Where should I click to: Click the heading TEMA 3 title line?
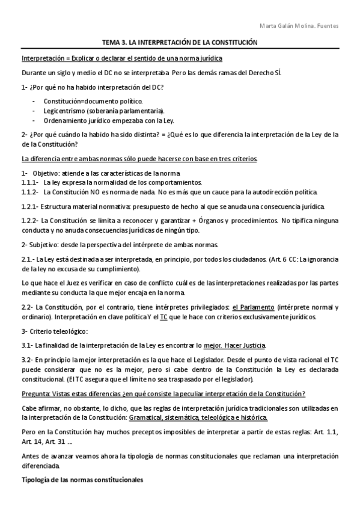click(180, 43)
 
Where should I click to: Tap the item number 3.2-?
click(28, 358)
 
